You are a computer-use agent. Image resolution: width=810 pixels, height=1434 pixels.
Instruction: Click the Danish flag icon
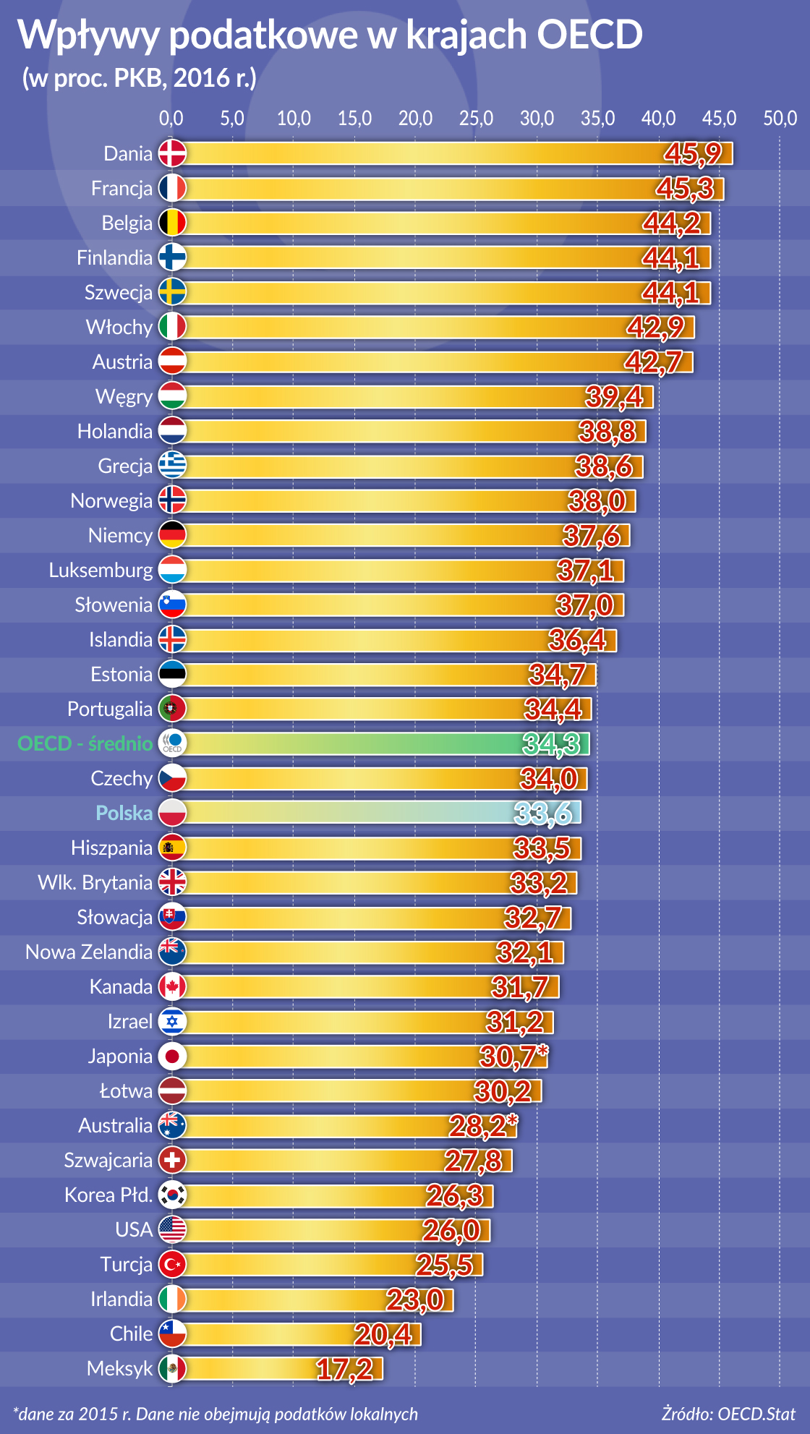(172, 153)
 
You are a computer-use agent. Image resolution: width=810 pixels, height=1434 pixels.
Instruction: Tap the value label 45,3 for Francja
(684, 188)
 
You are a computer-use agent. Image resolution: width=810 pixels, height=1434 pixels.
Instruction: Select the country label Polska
(124, 813)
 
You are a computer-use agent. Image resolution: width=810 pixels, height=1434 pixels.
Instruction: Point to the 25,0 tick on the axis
(476, 118)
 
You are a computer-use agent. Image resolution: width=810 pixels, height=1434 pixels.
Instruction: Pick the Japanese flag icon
(172, 1056)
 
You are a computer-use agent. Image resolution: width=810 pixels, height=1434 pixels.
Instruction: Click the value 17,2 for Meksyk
(344, 1368)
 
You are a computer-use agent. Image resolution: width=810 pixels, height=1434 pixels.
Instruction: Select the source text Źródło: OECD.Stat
(728, 1414)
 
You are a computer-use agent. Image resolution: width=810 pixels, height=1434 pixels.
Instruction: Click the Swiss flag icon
(172, 1160)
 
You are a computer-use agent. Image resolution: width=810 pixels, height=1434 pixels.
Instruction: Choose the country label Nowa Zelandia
(89, 952)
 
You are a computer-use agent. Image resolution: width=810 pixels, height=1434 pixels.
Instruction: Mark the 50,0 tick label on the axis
(780, 118)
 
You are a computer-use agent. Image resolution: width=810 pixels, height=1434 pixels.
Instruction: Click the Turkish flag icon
(172, 1264)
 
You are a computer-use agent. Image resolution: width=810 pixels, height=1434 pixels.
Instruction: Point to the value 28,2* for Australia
(482, 1125)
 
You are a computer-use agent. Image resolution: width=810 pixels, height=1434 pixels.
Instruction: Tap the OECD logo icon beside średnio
(172, 743)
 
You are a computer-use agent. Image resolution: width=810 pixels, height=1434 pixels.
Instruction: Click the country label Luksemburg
(101, 570)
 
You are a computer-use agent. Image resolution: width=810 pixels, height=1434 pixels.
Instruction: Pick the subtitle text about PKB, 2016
(139, 77)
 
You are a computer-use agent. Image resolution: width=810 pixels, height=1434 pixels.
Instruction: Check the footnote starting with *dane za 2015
(216, 1414)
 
